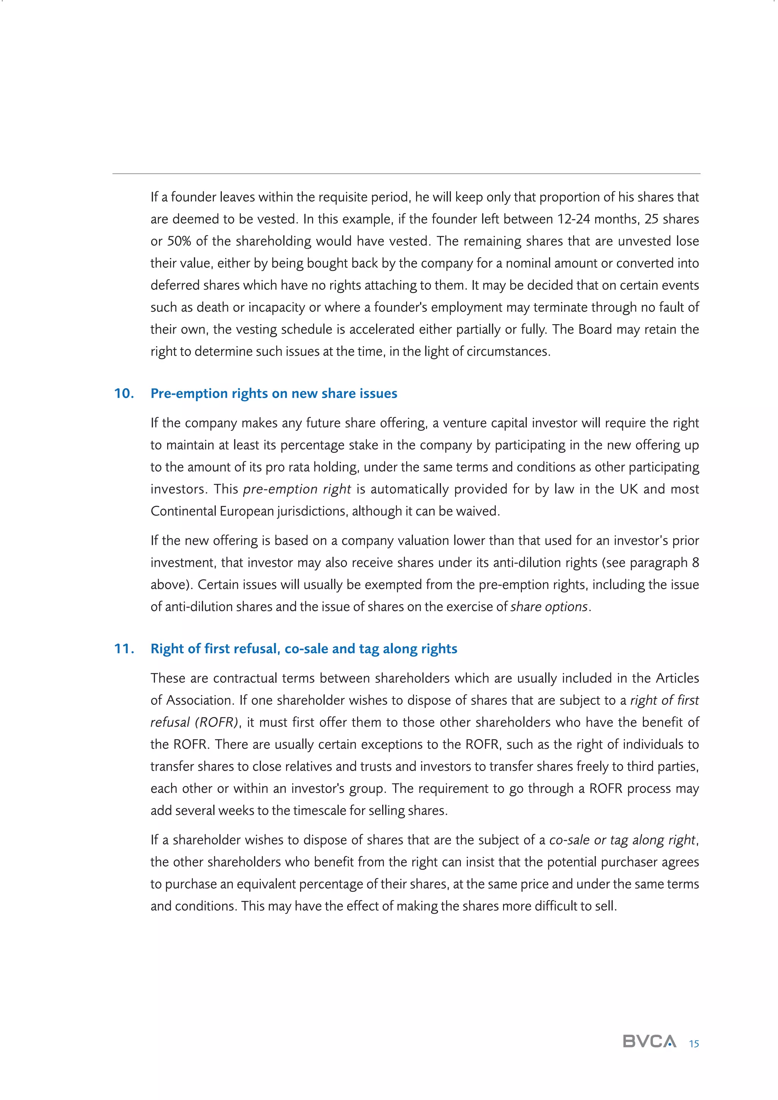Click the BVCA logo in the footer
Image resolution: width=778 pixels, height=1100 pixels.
click(x=649, y=1041)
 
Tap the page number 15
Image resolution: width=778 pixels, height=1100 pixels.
click(x=694, y=1043)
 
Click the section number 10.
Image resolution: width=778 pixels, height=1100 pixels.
click(x=123, y=393)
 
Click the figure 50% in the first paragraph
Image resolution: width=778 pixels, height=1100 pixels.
click(x=179, y=241)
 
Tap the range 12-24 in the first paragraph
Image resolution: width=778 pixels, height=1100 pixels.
click(x=574, y=219)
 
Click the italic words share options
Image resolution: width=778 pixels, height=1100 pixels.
click(x=549, y=607)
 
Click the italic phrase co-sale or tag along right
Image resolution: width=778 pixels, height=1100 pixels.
click(x=622, y=840)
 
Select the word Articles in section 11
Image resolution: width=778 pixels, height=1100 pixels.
click(x=677, y=678)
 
